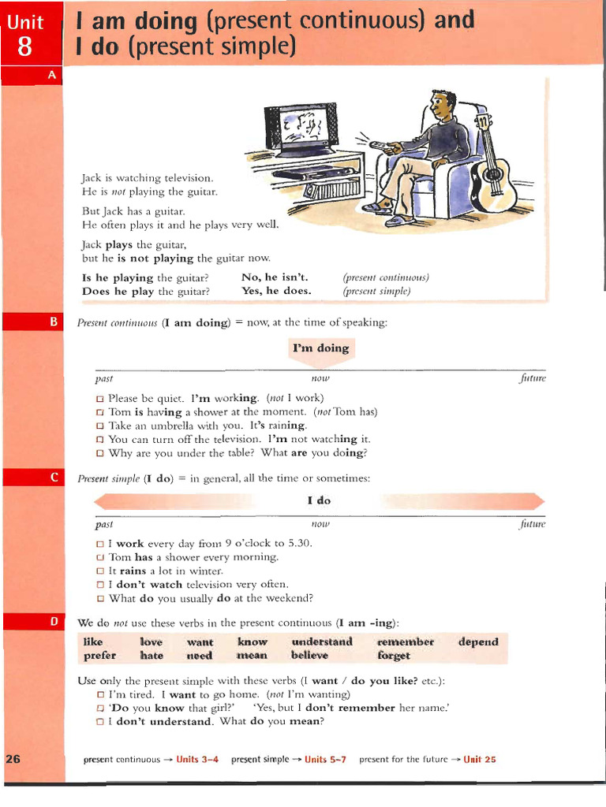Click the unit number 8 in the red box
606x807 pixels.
click(24, 48)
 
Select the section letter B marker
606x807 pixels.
click(54, 322)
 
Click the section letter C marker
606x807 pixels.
click(54, 478)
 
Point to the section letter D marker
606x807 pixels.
click(54, 622)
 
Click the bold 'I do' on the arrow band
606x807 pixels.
click(319, 500)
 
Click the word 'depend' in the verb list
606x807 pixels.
click(478, 642)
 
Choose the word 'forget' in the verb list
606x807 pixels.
click(394, 656)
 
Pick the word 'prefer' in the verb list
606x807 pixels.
click(99, 656)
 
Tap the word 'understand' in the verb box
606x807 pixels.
click(322, 642)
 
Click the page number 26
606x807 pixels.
click(13, 760)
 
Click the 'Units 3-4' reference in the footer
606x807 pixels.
click(197, 760)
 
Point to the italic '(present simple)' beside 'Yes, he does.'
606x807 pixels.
click(376, 291)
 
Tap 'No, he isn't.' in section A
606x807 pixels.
click(275, 277)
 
